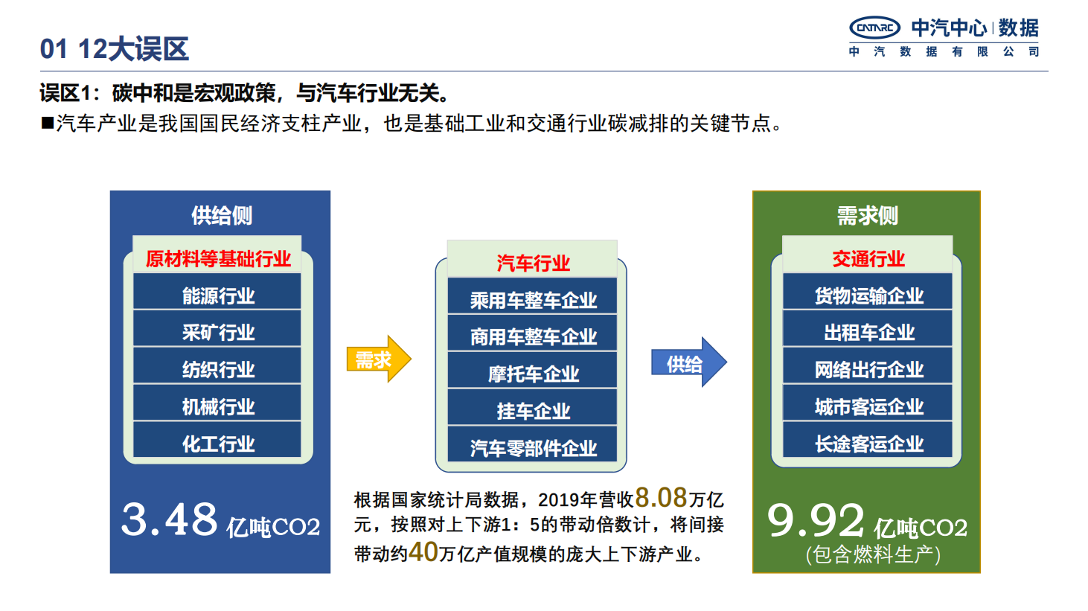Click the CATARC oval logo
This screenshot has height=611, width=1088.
[x=874, y=28]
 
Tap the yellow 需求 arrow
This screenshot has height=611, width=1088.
[x=379, y=359]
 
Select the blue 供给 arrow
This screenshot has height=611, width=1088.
[x=688, y=362]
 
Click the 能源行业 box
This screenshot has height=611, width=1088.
[x=217, y=291]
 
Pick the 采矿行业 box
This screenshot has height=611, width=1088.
[x=217, y=328]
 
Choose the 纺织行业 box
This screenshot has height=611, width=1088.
[x=217, y=365]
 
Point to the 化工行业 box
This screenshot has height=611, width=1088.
[x=217, y=440]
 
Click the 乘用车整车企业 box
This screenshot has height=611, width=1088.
[x=532, y=295]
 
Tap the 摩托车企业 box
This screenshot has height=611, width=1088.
[x=532, y=370]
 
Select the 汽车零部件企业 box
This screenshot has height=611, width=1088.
[x=532, y=444]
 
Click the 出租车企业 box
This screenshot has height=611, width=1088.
[x=868, y=328]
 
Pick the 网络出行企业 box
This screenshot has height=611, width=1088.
[x=868, y=365]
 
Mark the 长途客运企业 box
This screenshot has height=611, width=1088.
[x=868, y=440]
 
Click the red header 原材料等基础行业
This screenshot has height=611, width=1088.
[x=218, y=259]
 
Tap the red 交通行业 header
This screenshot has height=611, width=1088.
[x=868, y=259]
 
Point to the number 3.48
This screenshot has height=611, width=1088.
[x=169, y=519]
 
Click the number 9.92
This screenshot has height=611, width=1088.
[x=816, y=520]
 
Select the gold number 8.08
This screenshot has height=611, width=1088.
[x=661, y=497]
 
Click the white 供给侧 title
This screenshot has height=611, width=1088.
[x=222, y=215]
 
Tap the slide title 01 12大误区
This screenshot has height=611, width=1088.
[x=114, y=49]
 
